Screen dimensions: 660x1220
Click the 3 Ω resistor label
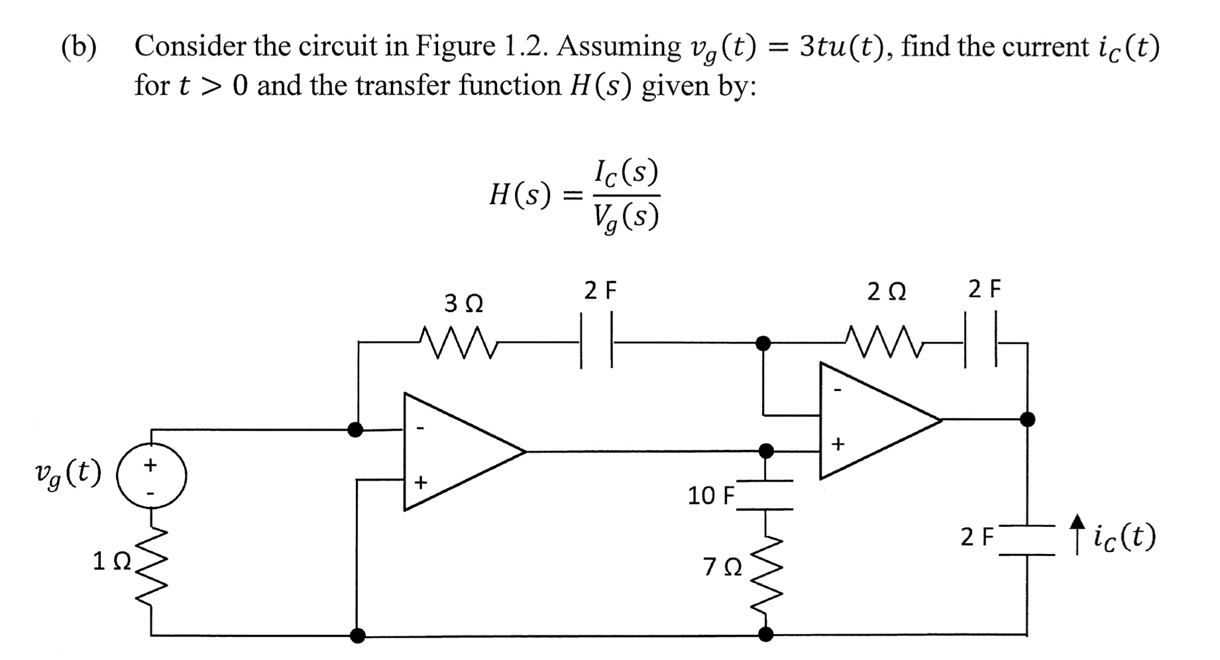coord(463,303)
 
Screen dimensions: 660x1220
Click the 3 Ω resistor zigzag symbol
coord(458,343)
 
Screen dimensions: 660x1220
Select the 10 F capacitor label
coord(711,496)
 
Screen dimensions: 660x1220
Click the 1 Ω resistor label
coord(111,562)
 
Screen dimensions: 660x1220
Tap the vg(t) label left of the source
coord(68,473)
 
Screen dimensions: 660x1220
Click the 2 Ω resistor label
coord(887,292)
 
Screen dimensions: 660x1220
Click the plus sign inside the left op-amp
coord(419,482)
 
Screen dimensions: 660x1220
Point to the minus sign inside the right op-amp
coord(837,391)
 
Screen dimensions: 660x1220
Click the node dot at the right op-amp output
coord(1027,419)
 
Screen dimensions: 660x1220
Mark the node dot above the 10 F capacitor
coord(766,451)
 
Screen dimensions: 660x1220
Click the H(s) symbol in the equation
coord(520,195)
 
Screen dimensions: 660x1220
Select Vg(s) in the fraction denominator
coord(626,217)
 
